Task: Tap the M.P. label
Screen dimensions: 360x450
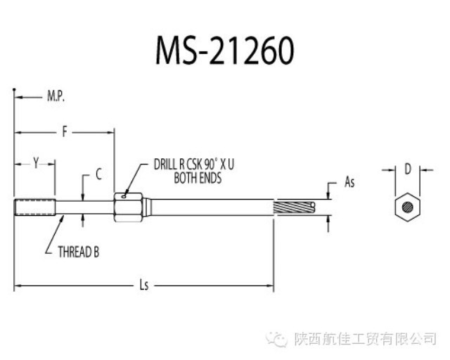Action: (56, 96)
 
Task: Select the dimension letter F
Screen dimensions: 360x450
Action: (65, 131)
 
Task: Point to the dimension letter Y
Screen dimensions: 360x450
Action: (35, 163)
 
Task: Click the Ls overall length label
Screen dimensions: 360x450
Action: (144, 285)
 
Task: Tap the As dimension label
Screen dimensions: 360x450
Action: (349, 182)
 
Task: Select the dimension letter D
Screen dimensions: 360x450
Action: (407, 169)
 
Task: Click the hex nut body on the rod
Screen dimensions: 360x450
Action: (129, 207)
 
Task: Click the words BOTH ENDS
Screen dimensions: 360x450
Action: (198, 179)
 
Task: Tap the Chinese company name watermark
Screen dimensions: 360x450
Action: (365, 339)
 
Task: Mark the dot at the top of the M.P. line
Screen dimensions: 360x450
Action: (15, 89)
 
